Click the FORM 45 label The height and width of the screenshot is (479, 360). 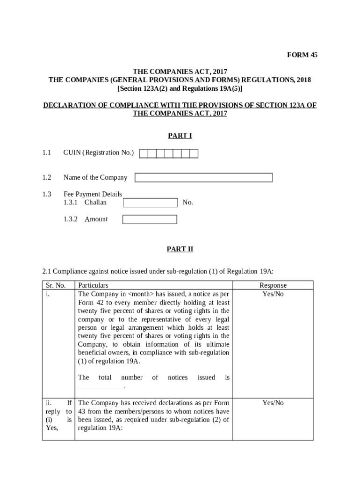pos(302,55)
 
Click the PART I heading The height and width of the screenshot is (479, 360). pos(180,136)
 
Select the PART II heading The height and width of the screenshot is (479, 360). pos(180,249)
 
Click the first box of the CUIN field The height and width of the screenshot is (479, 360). pos(144,153)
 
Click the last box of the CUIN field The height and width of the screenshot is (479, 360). pos(194,153)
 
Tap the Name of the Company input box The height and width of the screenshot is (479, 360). pos(203,178)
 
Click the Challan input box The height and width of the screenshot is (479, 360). pos(150,203)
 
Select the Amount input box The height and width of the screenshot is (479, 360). pos(150,219)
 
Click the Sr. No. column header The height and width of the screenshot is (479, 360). pos(56,285)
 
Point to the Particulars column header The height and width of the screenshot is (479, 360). pos(93,285)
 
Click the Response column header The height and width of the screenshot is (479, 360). pos(273,285)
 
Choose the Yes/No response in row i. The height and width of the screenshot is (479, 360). pos(273,294)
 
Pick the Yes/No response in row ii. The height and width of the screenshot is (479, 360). pos(273,403)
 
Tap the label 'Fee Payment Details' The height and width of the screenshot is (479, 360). pos(93,194)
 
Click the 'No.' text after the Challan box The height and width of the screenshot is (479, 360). pos(187,203)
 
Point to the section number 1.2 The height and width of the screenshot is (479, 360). pos(46,177)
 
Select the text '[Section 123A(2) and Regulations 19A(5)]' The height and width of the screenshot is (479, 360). pos(180,88)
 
